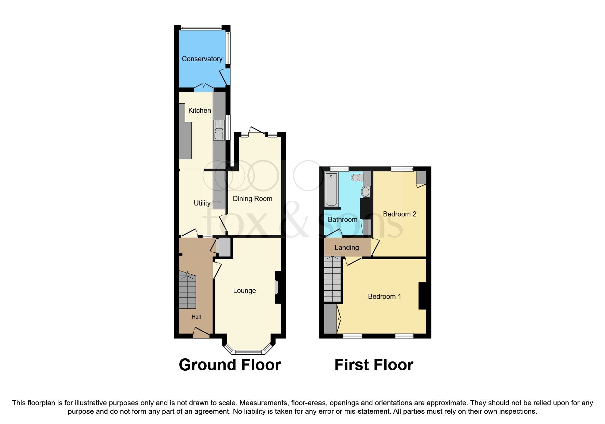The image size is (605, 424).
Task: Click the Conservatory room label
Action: point(202,59)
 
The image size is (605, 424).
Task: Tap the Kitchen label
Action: point(200,110)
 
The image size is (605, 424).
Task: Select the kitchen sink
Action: point(219,130)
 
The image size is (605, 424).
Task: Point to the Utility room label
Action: point(202,203)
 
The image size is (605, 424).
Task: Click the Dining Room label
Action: point(252,199)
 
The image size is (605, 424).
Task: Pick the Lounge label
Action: point(244,291)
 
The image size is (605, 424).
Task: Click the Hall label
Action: point(196,317)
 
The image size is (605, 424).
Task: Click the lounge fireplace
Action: point(277,287)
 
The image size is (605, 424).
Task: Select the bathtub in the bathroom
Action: point(331,190)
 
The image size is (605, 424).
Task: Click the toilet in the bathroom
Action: point(357,177)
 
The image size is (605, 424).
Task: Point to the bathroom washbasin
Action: point(366,191)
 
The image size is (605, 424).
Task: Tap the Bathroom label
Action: point(342,220)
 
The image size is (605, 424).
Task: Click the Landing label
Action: point(346,248)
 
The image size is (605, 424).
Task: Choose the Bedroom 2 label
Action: point(399,214)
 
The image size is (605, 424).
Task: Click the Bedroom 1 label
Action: point(384,296)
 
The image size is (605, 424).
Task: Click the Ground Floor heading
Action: point(230,365)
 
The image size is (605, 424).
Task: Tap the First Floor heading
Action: point(374,365)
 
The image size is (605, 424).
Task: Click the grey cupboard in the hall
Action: point(224,247)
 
